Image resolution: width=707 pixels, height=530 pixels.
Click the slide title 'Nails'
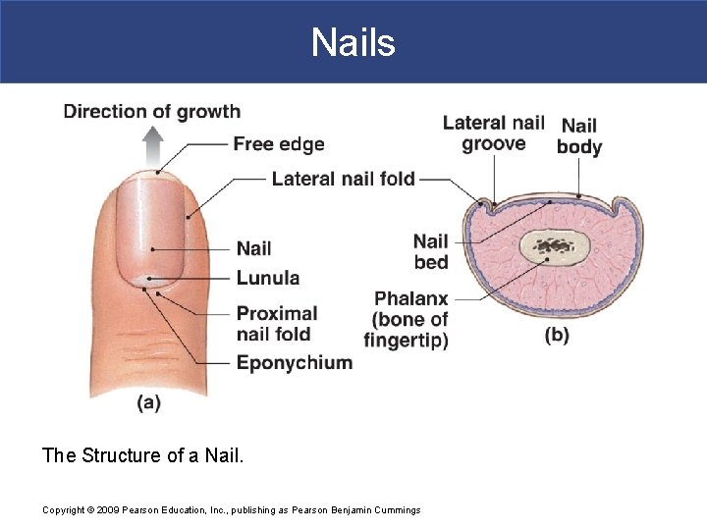point(353,42)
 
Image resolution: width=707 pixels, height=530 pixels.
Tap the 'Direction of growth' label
point(152,111)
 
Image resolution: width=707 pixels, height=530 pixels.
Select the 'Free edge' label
point(278,144)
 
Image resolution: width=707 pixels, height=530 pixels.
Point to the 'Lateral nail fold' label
point(343,179)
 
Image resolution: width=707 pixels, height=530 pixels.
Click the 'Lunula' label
point(267,278)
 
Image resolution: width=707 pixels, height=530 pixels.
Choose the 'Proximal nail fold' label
point(276,324)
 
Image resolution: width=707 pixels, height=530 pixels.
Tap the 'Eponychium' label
point(294,362)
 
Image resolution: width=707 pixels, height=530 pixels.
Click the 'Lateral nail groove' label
point(493,133)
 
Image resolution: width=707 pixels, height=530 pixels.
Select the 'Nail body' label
point(579,136)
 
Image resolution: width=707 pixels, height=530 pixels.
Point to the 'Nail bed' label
point(430,251)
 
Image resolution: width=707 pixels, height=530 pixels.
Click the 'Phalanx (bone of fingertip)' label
point(408,320)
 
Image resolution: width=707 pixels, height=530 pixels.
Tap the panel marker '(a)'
point(148,402)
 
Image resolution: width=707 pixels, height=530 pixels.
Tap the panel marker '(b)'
point(557,336)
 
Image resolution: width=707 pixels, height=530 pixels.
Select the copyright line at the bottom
point(231,509)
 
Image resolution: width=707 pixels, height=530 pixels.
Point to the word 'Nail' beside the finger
point(253,248)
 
